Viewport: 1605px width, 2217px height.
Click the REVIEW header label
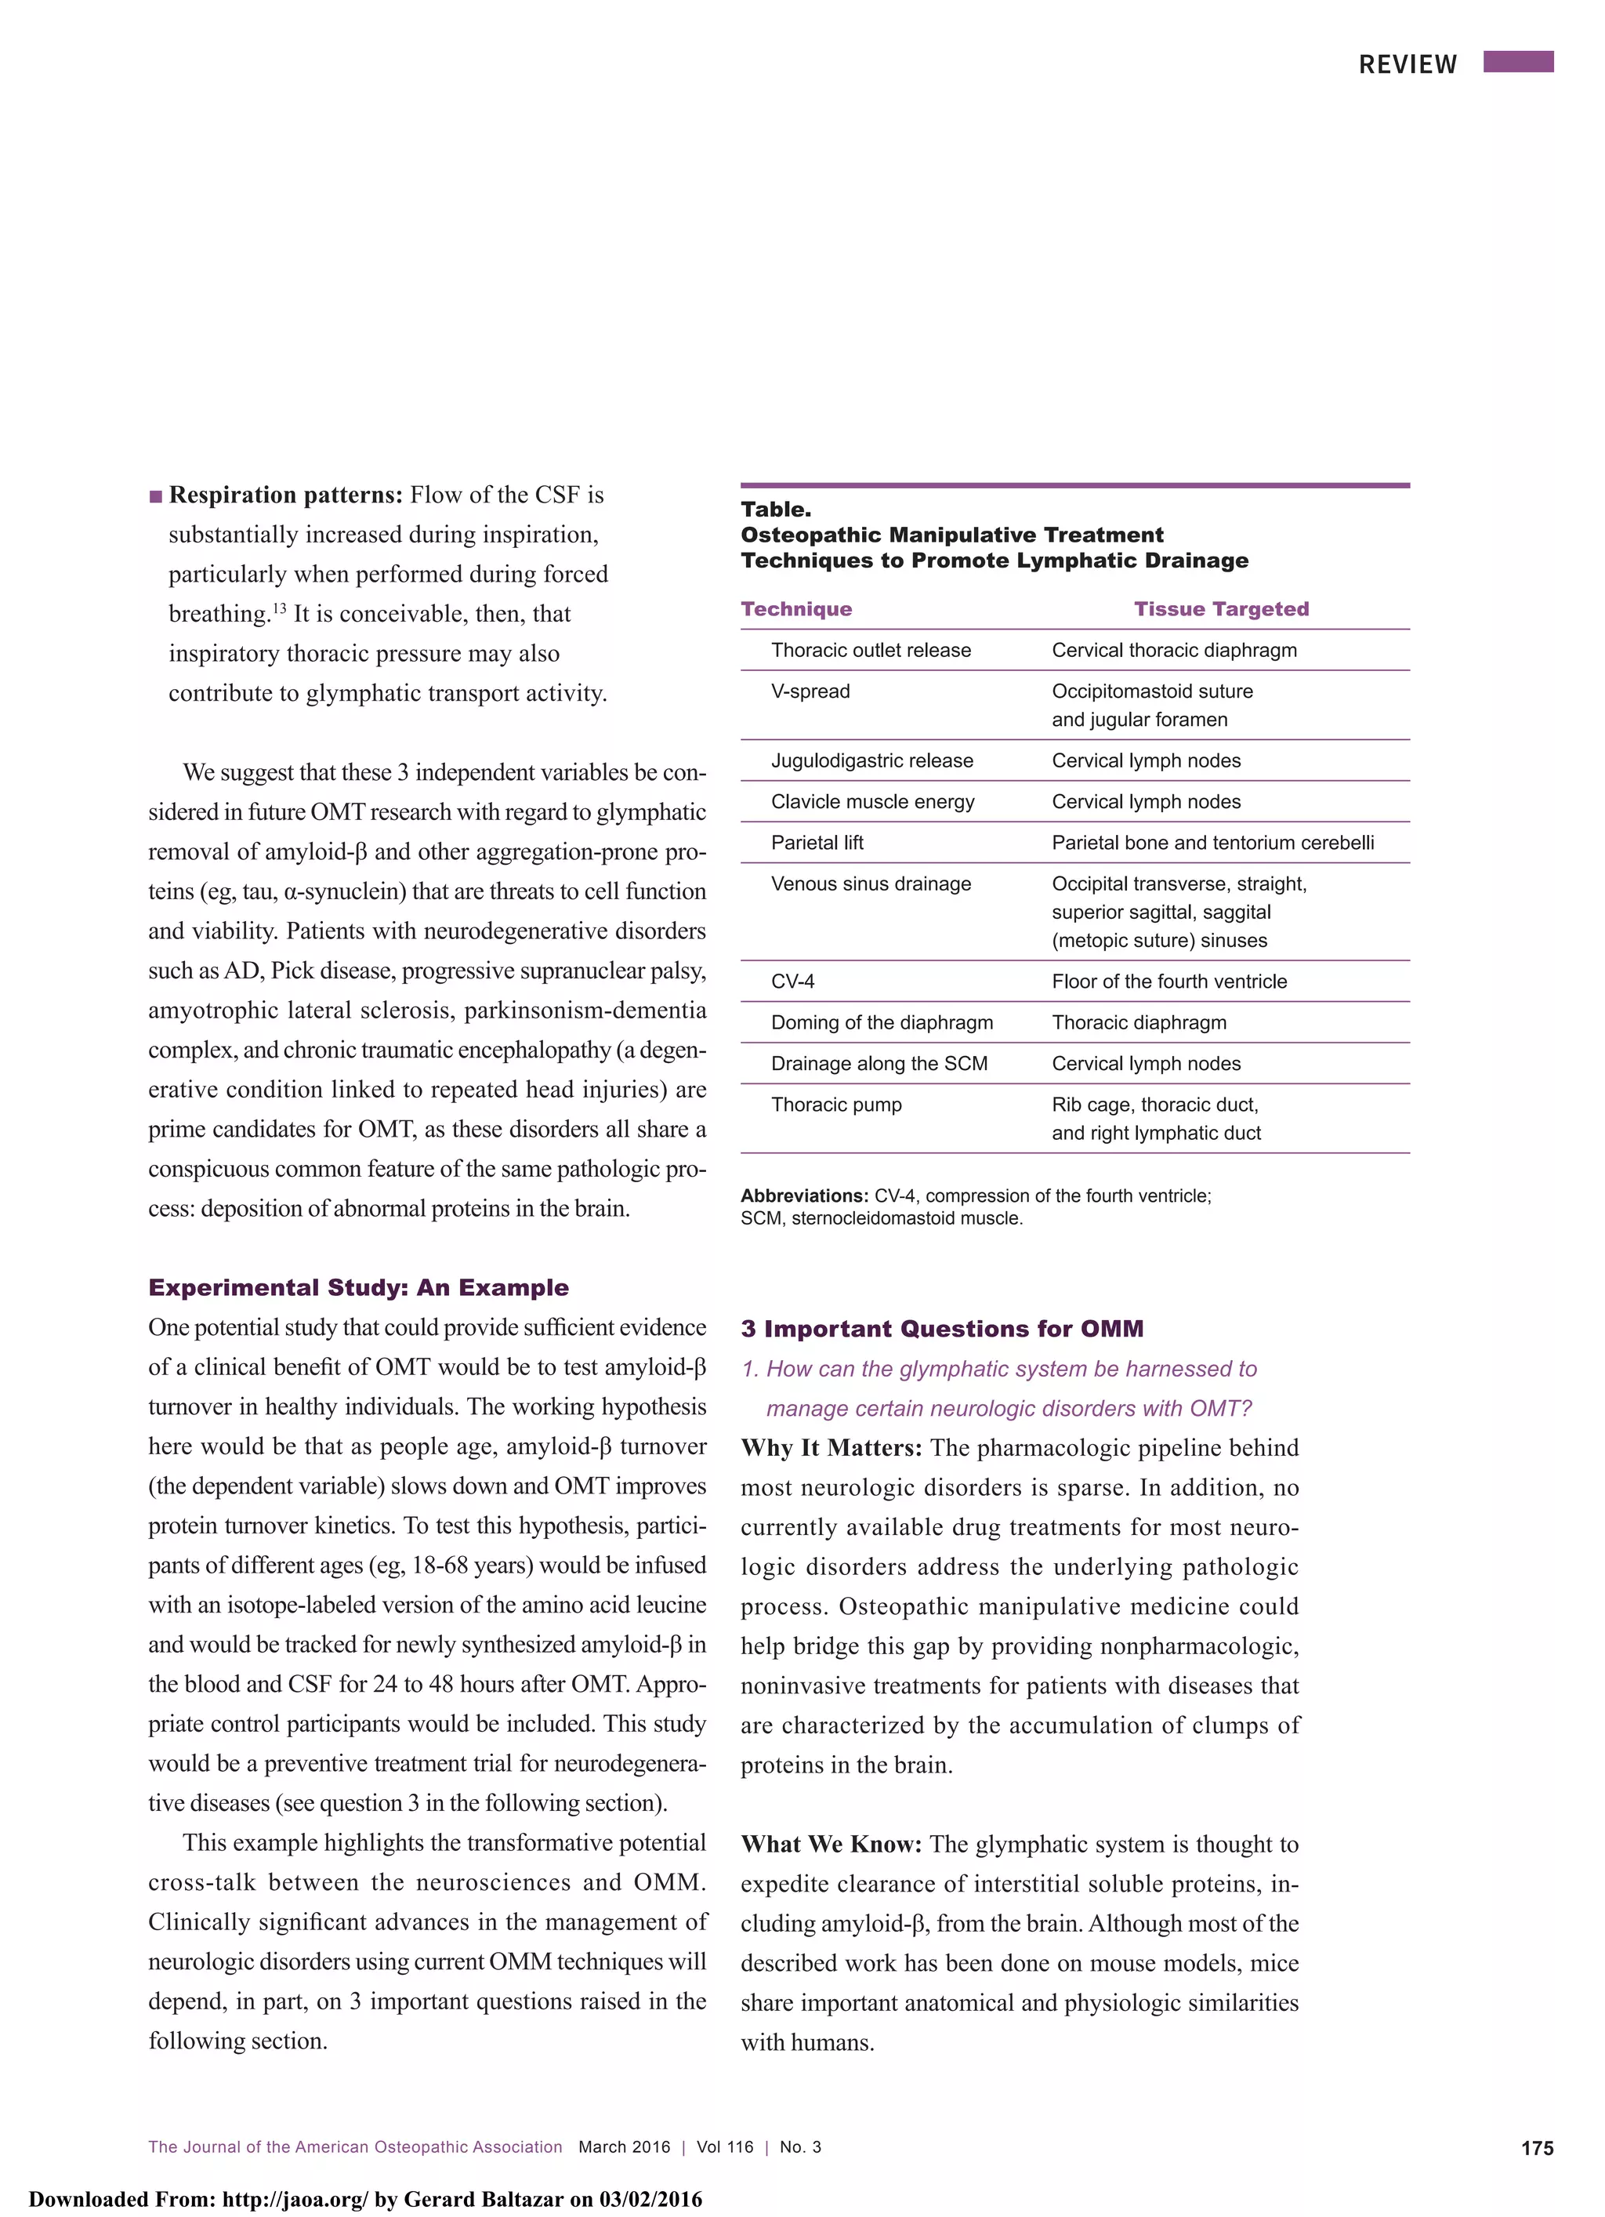point(1407,64)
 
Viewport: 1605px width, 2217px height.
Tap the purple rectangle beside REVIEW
point(1518,63)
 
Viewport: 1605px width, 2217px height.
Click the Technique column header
point(795,609)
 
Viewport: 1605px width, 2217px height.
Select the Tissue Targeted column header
point(1221,609)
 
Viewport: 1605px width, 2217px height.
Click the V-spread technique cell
point(810,691)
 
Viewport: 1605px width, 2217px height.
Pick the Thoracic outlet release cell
point(871,650)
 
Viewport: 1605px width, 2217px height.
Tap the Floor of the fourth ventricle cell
point(1169,982)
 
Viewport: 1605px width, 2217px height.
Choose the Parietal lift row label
point(817,843)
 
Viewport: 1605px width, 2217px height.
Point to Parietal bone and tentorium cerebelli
point(1213,843)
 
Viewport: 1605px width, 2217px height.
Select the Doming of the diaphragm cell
point(882,1022)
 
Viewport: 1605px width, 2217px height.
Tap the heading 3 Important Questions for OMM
point(942,1329)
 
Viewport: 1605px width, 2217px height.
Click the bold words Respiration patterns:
point(285,495)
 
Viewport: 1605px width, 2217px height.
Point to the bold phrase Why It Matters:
point(831,1448)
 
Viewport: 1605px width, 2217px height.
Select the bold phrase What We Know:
point(831,1845)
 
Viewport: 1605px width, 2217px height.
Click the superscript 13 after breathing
point(278,608)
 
